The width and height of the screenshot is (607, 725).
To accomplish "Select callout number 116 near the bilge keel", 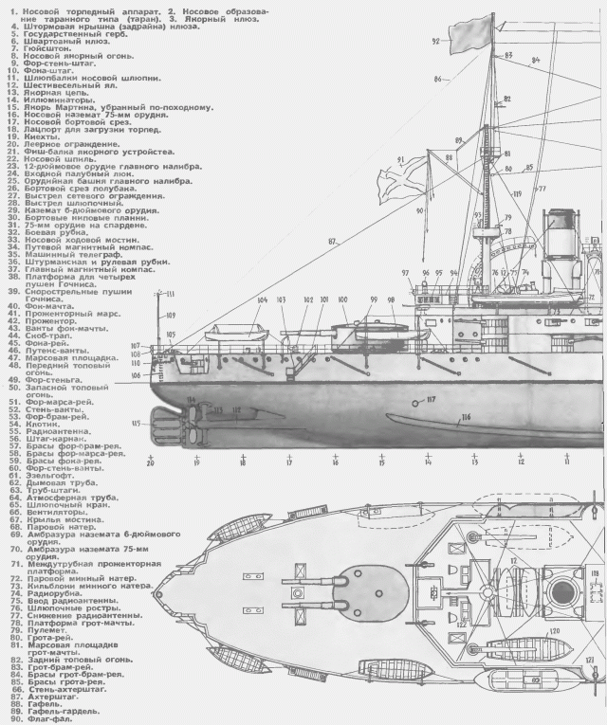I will point(466,417).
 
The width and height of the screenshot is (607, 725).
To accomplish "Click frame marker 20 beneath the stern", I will point(149,462).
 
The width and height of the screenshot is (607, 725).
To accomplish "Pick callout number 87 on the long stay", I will point(333,243).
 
